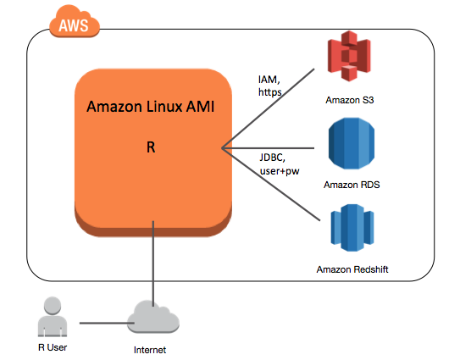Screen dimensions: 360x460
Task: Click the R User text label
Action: tap(52, 346)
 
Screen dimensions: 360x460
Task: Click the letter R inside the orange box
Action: tap(151, 147)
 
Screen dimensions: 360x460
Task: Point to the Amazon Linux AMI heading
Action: tap(151, 108)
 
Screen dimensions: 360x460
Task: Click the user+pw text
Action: tap(281, 170)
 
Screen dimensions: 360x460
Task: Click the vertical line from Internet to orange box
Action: tap(153, 263)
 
